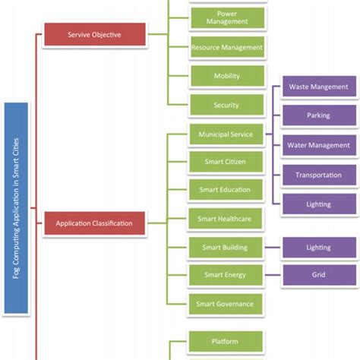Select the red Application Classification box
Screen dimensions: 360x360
(93, 223)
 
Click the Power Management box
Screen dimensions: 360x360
(226, 17)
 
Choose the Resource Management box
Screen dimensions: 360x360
(226, 47)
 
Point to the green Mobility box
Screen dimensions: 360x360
(226, 77)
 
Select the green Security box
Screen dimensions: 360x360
(226, 105)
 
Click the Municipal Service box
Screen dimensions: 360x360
(226, 134)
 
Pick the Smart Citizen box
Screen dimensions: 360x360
(226, 162)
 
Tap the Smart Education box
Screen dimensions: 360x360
(226, 190)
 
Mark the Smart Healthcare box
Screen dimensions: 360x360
(226, 219)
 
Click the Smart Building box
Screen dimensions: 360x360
(226, 247)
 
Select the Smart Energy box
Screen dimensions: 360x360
(226, 274)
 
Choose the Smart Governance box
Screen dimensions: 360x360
(226, 303)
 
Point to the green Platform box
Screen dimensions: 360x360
(226, 341)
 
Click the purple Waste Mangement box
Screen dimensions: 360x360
(318, 87)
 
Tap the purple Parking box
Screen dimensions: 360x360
(318, 116)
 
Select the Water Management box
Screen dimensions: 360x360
(318, 145)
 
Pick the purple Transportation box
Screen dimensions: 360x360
(318, 175)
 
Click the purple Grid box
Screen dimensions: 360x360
(318, 274)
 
